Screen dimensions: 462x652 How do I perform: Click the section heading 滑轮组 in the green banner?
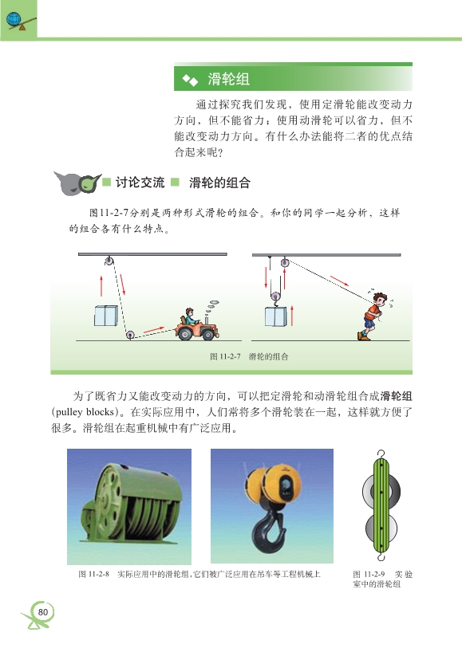[x=228, y=79]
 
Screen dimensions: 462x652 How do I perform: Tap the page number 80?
[x=43, y=612]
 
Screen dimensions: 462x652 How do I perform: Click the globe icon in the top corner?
[x=14, y=18]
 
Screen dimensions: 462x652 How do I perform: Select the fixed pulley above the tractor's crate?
[x=109, y=261]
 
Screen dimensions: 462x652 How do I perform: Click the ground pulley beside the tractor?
[x=130, y=335]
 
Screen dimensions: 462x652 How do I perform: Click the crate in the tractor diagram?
[x=105, y=316]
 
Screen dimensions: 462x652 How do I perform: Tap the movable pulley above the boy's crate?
[x=275, y=296]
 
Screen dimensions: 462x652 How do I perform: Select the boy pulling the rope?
[x=373, y=316]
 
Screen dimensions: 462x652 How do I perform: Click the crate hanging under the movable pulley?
[x=276, y=317]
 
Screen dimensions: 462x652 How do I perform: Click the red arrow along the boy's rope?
[x=339, y=281]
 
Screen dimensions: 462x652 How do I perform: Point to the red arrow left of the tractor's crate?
[x=101, y=285]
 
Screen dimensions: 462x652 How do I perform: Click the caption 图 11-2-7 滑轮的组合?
[x=249, y=356]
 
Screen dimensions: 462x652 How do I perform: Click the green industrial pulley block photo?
[x=129, y=506]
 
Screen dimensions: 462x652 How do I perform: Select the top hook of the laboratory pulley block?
[x=381, y=454]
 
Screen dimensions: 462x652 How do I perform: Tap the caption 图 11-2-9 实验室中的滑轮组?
[x=382, y=579]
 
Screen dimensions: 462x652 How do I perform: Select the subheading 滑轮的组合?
[x=219, y=183]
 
